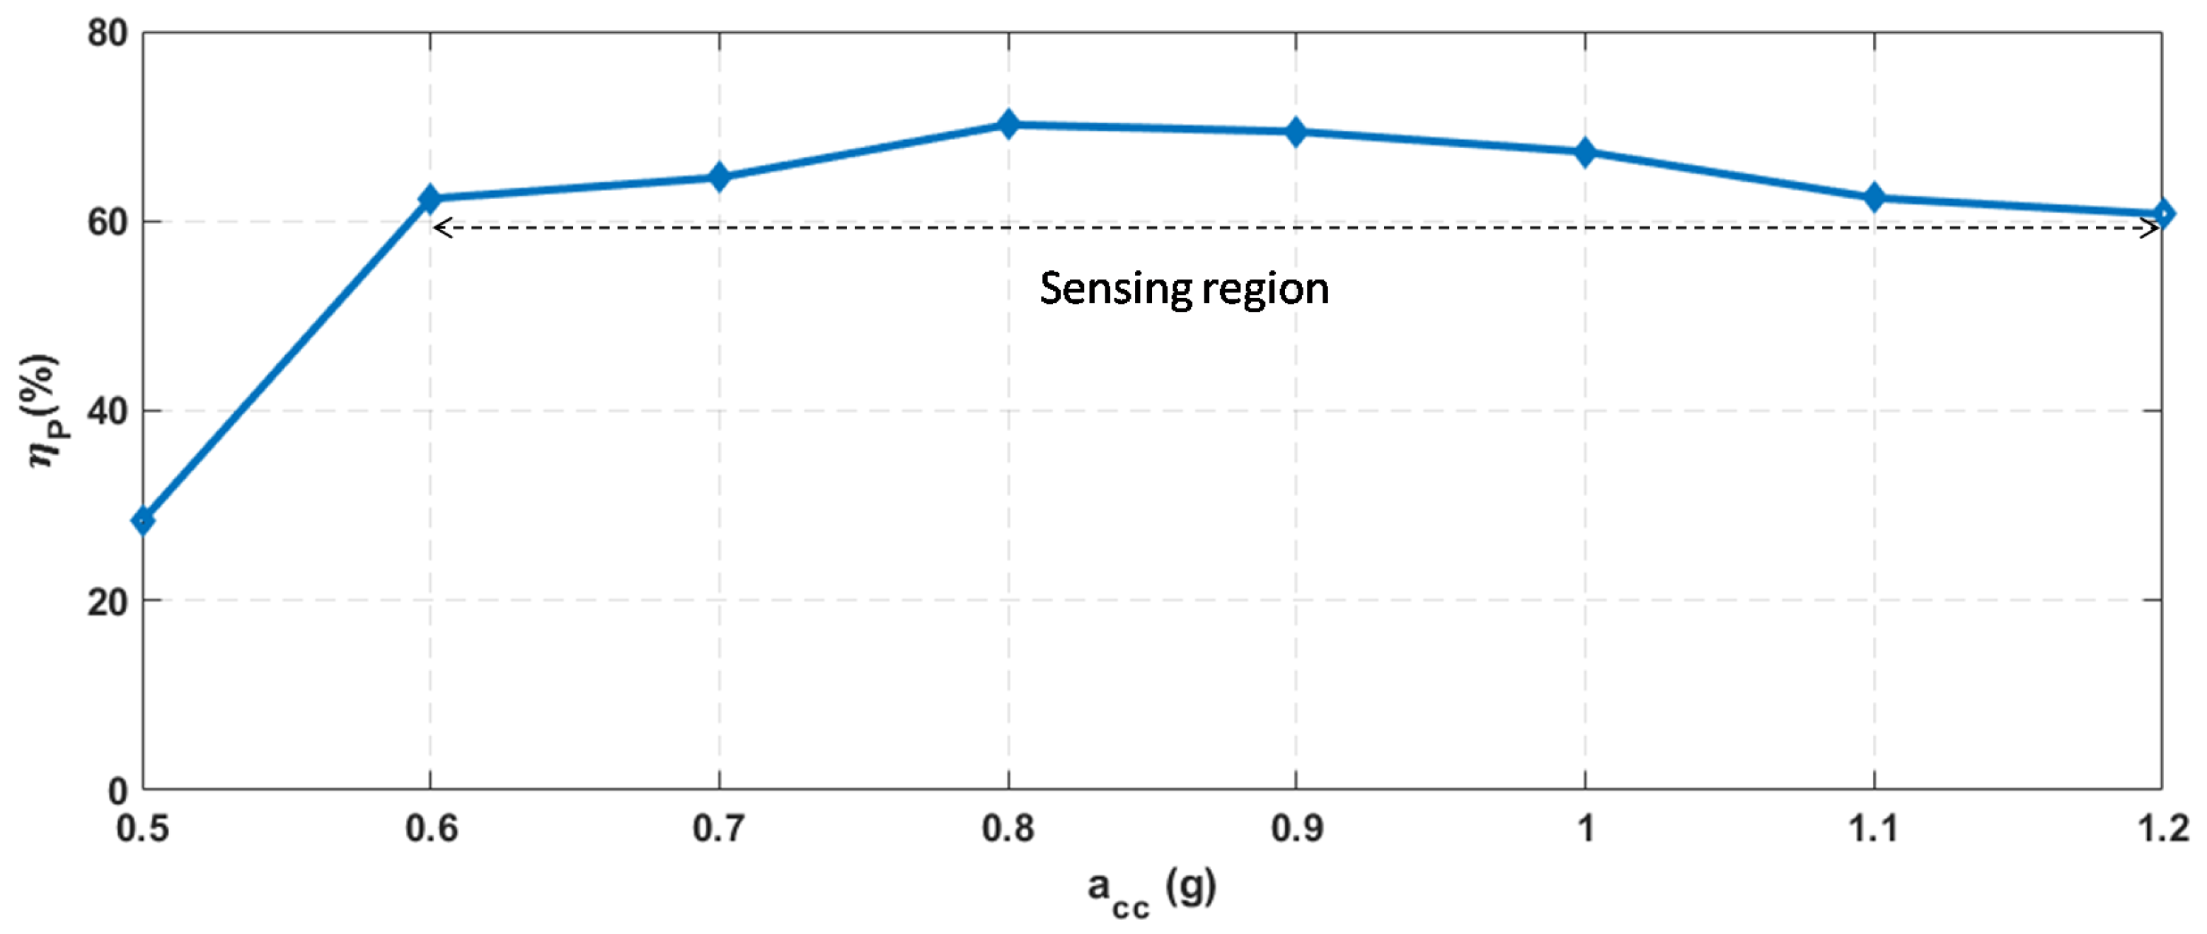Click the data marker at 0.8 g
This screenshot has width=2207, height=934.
pyautogui.click(x=1008, y=125)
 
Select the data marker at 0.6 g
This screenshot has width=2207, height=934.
pyautogui.click(x=430, y=199)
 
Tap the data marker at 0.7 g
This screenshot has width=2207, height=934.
pyautogui.click(x=720, y=178)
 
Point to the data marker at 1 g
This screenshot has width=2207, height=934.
pyautogui.click(x=1585, y=153)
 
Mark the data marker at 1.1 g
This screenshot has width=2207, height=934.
pyautogui.click(x=1874, y=198)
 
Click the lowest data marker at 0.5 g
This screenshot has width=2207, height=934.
pyautogui.click(x=144, y=520)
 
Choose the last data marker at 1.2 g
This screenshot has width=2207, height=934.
pyautogui.click(x=2162, y=214)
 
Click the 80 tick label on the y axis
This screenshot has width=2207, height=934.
pyautogui.click(x=107, y=34)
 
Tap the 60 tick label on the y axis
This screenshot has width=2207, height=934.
pyautogui.click(x=107, y=223)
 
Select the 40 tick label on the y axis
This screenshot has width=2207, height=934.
pyautogui.click(x=107, y=412)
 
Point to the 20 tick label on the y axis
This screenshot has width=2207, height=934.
pyautogui.click(x=107, y=602)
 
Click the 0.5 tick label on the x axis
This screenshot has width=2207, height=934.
pyautogui.click(x=143, y=829)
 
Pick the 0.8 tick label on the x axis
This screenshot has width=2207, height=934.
pyautogui.click(x=1008, y=829)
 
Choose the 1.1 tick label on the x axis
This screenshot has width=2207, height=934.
pyautogui.click(x=1874, y=829)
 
